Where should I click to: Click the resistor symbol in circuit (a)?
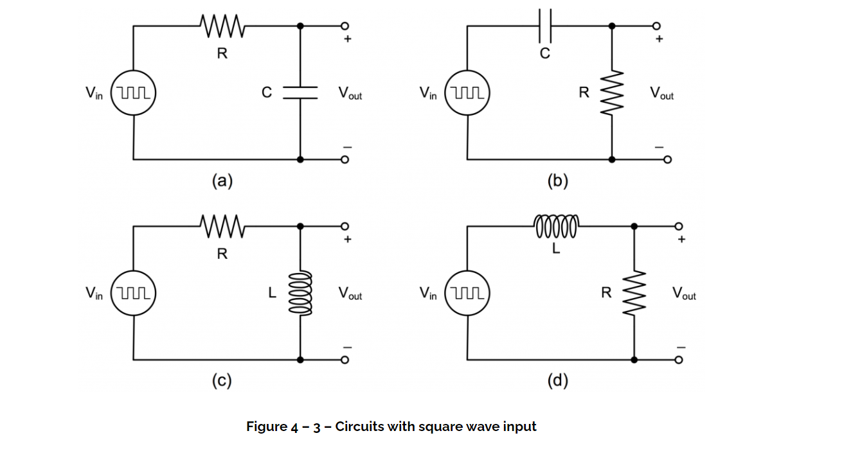point(222,26)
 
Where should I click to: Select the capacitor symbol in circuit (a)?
point(300,92)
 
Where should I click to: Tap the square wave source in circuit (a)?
point(134,92)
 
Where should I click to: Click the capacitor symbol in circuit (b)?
point(544,26)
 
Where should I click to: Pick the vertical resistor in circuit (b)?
point(611,92)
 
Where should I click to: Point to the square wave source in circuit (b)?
point(467,92)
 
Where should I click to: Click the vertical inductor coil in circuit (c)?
point(300,293)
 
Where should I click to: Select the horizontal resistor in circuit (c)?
point(222,226)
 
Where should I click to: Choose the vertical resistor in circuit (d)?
point(634,293)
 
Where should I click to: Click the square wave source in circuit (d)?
point(467,293)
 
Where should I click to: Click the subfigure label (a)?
point(222,181)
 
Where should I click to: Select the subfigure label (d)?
point(557,382)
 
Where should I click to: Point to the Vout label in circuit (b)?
point(661,94)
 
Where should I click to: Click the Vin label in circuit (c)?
point(94,294)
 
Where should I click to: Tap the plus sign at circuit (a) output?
point(348,40)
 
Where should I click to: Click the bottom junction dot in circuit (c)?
point(300,360)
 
